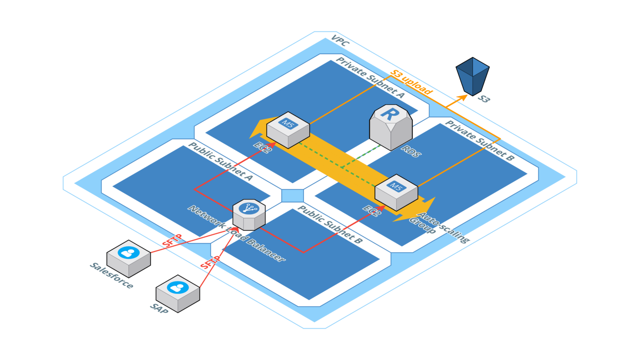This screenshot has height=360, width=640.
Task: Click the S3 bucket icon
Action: click(472, 77)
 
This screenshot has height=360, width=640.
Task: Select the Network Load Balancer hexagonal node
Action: click(249, 215)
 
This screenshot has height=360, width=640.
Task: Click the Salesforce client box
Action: click(129, 258)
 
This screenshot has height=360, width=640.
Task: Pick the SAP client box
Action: click(178, 293)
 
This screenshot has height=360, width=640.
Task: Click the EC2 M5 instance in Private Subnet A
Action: click(288, 130)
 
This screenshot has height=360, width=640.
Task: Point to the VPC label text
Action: click(340, 41)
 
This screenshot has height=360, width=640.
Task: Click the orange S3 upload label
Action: click(412, 82)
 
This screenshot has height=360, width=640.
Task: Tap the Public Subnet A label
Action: click(221, 161)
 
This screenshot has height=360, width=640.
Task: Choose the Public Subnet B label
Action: click(330, 224)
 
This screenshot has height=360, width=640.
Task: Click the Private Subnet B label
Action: click(479, 140)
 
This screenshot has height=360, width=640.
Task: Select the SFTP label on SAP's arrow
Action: click(210, 262)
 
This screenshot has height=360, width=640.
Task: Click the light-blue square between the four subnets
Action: click(292, 196)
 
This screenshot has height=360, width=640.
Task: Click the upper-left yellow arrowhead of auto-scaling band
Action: click(257, 130)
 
